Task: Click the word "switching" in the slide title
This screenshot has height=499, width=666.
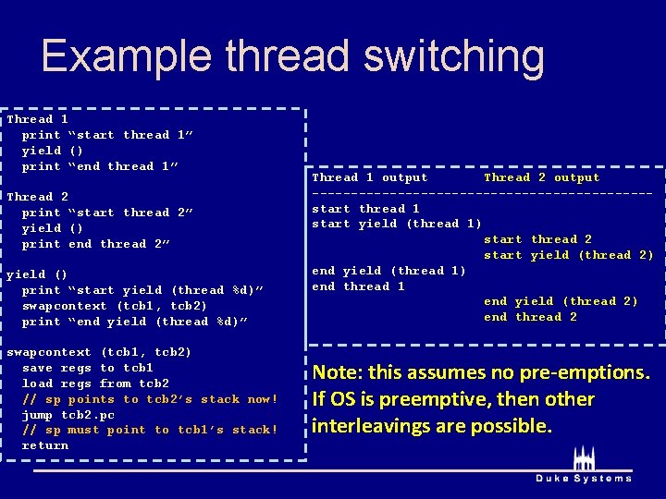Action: pos(454,56)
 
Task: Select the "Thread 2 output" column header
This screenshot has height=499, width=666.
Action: pos(541,177)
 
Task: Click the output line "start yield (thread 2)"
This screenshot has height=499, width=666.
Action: pos(568,255)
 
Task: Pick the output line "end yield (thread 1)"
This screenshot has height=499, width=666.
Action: pos(388,271)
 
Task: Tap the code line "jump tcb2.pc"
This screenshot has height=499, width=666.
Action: pos(69,415)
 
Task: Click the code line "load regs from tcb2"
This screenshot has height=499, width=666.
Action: pos(95,383)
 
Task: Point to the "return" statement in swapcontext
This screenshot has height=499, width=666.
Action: pos(45,445)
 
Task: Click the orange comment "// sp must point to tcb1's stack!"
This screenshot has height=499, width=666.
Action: pos(150,430)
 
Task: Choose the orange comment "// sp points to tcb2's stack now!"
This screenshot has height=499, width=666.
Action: pos(150,399)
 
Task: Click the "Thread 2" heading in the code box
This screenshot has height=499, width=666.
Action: pos(38,197)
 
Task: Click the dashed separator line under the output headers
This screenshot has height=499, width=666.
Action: pos(482,193)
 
